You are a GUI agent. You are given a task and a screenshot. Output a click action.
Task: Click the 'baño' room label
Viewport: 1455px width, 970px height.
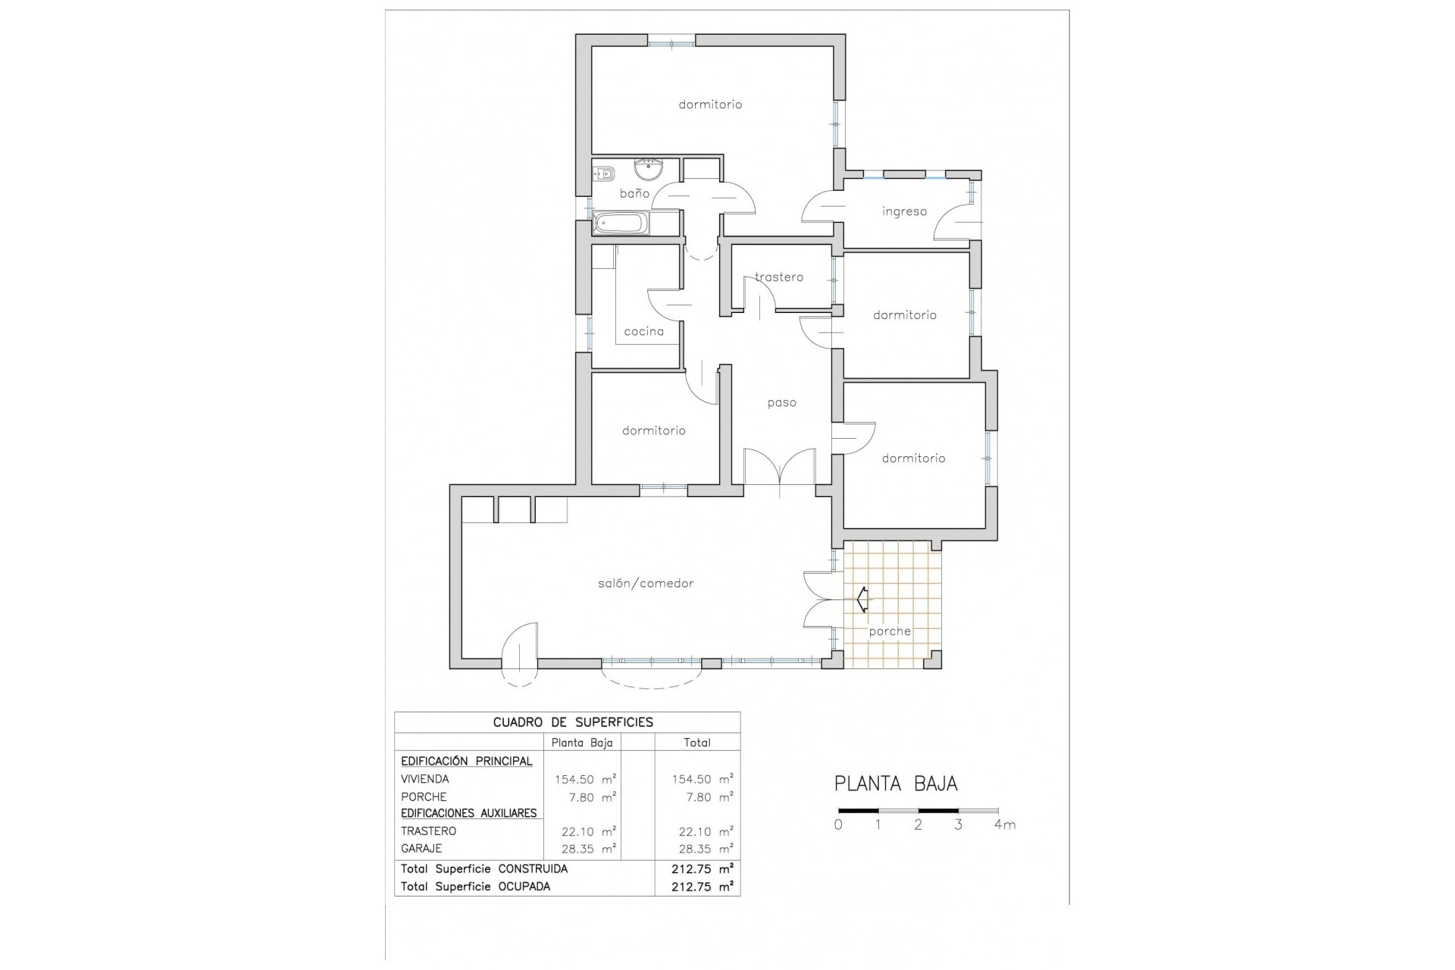tap(634, 193)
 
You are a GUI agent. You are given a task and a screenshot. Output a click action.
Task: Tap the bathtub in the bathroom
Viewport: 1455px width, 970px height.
tap(621, 224)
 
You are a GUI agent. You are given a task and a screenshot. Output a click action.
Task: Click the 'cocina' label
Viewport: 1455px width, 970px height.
tap(643, 331)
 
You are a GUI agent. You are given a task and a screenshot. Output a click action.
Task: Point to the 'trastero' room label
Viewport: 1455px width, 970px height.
tap(779, 277)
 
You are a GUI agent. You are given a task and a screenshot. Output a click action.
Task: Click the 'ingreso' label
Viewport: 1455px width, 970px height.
tap(904, 211)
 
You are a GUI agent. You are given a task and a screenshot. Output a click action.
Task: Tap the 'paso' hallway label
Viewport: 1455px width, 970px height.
tap(781, 402)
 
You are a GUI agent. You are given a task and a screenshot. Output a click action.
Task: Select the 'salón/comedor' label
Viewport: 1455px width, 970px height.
tap(645, 584)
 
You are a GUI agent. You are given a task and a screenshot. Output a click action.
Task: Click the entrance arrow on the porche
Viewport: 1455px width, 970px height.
tap(862, 599)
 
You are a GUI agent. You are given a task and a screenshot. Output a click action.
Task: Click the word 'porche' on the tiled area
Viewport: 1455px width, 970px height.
tap(890, 631)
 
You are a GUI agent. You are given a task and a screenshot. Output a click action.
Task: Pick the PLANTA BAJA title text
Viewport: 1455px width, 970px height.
tap(896, 784)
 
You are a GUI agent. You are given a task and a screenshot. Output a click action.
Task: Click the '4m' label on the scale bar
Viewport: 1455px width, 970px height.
tap(1004, 825)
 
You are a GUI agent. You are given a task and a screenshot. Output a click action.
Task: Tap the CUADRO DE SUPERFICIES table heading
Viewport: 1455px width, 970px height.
tap(573, 722)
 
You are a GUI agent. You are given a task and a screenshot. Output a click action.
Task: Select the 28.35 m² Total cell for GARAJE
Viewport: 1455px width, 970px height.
tap(702, 849)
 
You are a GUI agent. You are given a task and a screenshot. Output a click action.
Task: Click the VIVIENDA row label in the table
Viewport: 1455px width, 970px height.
tap(424, 779)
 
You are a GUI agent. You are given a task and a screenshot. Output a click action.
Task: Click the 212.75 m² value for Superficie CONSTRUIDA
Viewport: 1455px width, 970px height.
tap(702, 868)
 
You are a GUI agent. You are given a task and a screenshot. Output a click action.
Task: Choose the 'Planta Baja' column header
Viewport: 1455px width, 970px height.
tap(581, 743)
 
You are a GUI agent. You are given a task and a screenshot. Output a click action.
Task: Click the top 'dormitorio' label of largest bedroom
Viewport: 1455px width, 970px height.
tap(710, 105)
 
